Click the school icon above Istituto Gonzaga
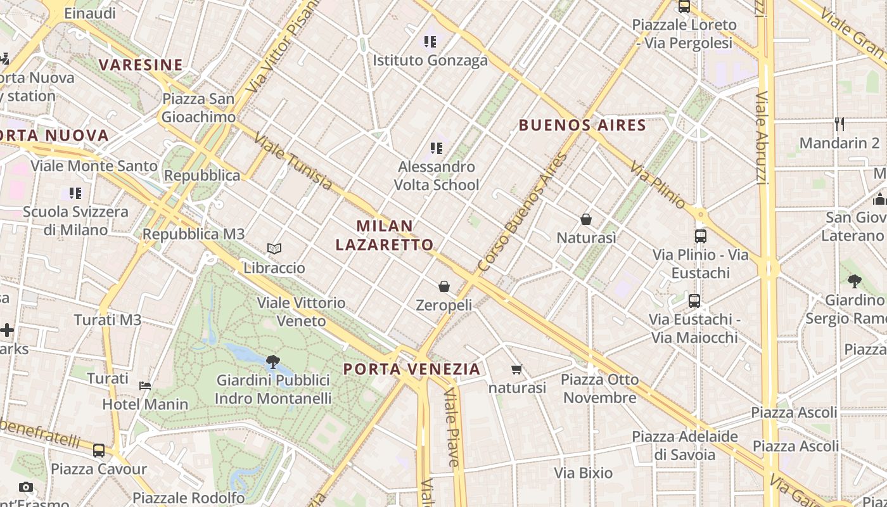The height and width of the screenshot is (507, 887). [x=431, y=42]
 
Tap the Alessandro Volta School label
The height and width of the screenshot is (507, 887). [x=437, y=176]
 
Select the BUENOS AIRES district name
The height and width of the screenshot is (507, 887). [x=582, y=125]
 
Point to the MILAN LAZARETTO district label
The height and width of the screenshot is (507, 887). [x=385, y=235]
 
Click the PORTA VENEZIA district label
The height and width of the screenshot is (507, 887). [x=412, y=369]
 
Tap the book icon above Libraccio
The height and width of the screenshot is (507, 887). [x=274, y=248]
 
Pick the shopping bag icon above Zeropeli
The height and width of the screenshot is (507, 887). [x=444, y=286]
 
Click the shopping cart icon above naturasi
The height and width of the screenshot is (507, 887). [x=517, y=369]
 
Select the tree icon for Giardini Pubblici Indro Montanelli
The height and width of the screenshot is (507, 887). [x=273, y=362]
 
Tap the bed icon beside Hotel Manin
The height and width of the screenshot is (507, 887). [x=145, y=385]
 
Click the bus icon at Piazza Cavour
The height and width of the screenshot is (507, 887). [x=99, y=451]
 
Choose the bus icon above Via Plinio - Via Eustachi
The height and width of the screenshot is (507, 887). [x=701, y=236]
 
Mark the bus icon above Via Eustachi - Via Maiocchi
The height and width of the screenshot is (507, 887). [x=694, y=300]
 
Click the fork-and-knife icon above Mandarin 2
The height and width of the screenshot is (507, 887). [x=840, y=124]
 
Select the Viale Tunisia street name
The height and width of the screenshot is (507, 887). [x=293, y=162]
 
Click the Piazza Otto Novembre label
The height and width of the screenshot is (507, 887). [x=599, y=388]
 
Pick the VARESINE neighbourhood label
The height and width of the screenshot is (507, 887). [x=141, y=65]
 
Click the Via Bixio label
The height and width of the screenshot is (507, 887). [x=584, y=473]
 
